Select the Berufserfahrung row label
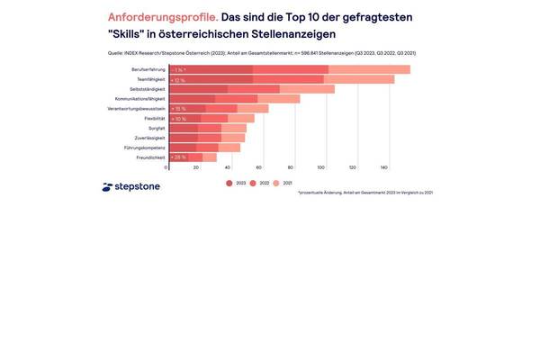click(148, 69)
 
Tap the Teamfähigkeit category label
click(148, 79)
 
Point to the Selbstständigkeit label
click(146, 89)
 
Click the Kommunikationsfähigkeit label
click(141, 99)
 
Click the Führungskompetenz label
click(146, 148)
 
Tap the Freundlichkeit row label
click(148, 157)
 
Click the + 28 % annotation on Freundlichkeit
click(178, 157)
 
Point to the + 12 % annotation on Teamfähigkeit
click(178, 79)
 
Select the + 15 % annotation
click(178, 109)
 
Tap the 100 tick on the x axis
click(321, 168)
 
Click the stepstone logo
click(131, 187)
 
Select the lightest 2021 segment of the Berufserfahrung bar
click(369, 69)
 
